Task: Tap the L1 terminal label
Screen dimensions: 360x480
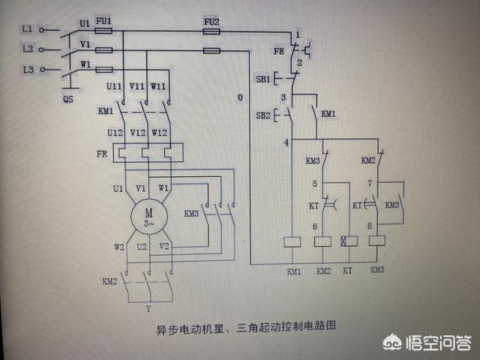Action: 27,28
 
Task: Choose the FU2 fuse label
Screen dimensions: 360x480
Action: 211,22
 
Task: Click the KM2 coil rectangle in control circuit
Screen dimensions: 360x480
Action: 323,241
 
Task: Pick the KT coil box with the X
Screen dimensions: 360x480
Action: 347,241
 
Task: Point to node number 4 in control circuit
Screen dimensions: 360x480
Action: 286,142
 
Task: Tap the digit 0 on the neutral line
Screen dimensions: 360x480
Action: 239,98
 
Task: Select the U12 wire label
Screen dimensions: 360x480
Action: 115,133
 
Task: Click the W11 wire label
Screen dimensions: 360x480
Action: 159,87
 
